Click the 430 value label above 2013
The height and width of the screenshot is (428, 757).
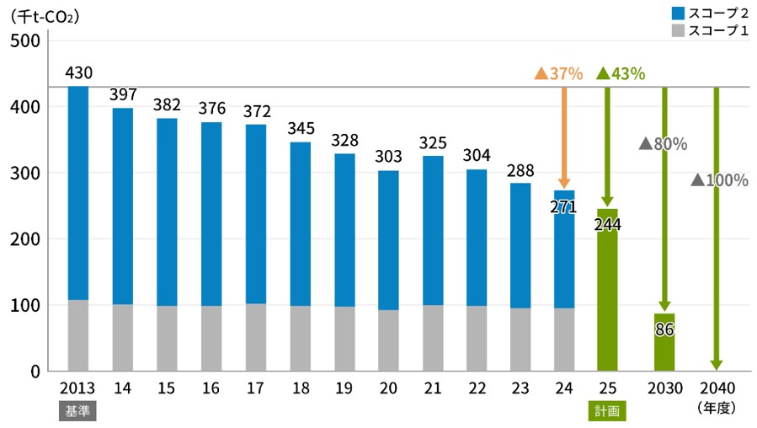point(78,74)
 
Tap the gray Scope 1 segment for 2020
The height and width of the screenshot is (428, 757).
point(388,340)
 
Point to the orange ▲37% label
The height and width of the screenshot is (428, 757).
point(558,73)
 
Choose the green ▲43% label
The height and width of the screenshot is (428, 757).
point(621,73)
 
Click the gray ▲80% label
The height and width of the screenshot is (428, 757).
point(663,144)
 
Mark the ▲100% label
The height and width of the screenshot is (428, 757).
point(719,180)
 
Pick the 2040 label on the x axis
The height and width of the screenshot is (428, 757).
point(716,388)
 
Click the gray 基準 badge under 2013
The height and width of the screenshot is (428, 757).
point(77,410)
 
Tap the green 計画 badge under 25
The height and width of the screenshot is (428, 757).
point(607,410)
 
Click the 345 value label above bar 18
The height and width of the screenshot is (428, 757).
point(301,130)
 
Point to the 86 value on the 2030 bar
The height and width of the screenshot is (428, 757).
point(664,329)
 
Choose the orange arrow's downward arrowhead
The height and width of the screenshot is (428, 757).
point(564,183)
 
